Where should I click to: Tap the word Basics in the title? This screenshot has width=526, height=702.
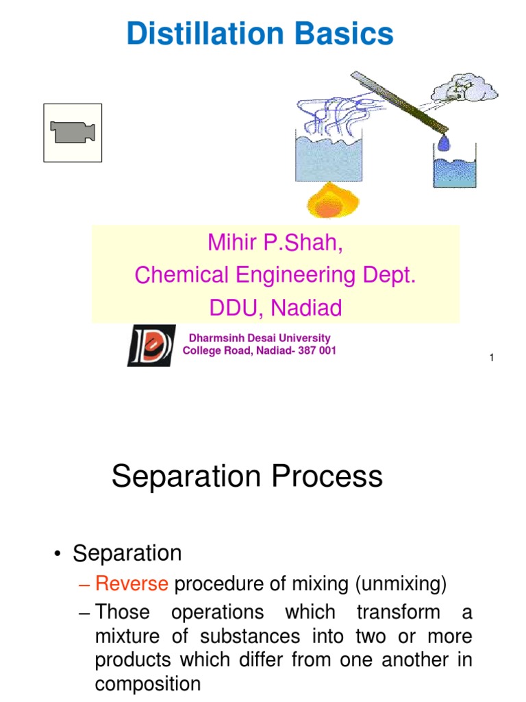349,34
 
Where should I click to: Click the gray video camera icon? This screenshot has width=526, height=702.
73,132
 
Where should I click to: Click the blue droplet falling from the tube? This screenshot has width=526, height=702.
444,142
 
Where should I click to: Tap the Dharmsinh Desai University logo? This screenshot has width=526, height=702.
151,345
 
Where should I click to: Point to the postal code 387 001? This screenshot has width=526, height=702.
316,351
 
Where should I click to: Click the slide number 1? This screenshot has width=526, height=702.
492,359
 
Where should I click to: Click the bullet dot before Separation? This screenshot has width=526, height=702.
60,554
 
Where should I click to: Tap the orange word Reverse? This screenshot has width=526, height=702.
131,584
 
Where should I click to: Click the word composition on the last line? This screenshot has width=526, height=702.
147,684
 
